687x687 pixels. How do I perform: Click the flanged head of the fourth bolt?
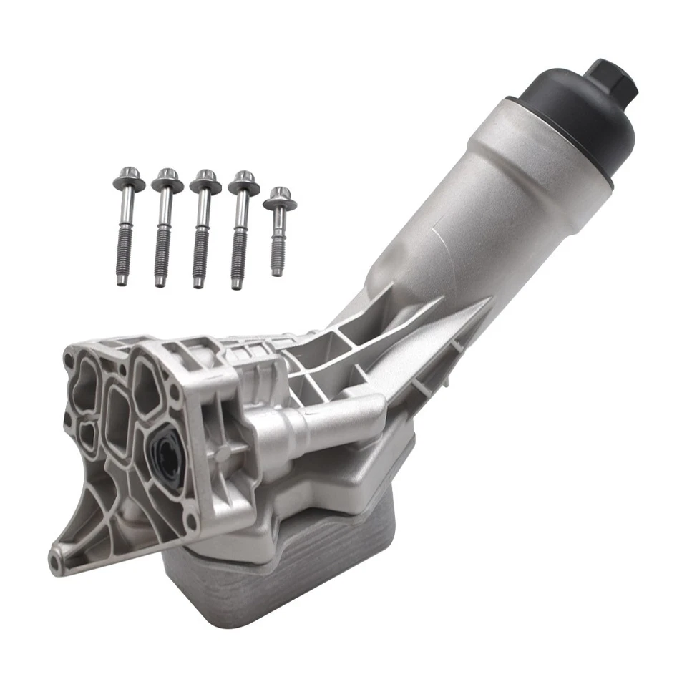click(x=243, y=184)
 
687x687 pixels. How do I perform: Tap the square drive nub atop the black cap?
click(x=610, y=79)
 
